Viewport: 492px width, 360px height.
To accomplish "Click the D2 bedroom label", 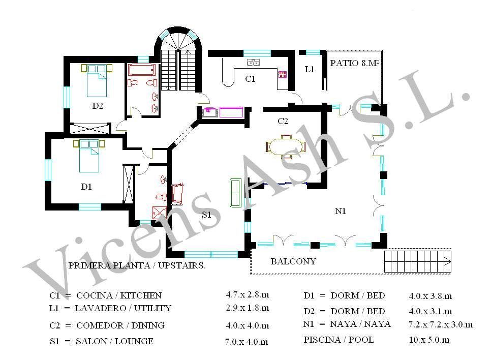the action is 98,106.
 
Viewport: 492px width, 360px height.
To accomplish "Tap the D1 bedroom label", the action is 86,187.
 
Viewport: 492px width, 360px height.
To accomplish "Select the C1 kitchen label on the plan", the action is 250,79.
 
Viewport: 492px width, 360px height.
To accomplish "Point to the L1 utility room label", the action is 310,69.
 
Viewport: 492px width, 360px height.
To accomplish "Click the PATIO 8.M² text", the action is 354,63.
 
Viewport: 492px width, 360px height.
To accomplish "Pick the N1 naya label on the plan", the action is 341,211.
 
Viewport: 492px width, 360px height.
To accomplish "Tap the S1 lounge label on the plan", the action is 206,215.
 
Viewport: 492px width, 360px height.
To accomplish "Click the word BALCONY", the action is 293,261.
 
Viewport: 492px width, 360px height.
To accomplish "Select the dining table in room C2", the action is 286,146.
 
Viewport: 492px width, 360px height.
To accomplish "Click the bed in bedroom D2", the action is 97,80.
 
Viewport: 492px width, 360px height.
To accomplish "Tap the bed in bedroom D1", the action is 89,156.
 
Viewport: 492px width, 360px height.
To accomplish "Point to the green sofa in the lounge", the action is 236,193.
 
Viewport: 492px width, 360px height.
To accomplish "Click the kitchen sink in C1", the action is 253,63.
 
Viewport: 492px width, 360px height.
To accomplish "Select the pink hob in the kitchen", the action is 283,74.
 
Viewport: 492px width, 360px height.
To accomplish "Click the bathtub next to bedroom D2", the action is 142,70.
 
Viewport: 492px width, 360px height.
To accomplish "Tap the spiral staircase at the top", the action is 178,59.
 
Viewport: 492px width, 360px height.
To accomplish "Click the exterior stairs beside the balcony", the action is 418,261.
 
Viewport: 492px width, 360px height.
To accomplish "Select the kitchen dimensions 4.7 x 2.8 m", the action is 247,295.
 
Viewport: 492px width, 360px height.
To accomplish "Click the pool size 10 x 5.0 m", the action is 429,340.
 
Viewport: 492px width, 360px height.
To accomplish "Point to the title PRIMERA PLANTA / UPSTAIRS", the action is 137,265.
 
